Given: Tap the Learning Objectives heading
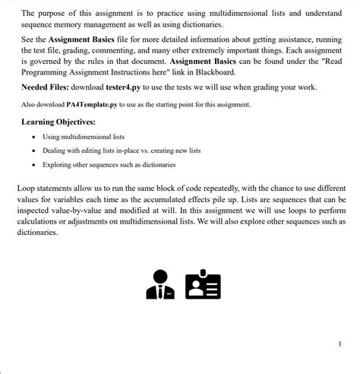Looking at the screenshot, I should coord(58,121).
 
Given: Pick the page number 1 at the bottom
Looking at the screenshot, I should coord(339,344).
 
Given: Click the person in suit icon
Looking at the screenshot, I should coord(160,284).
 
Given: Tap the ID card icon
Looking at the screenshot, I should coord(203,284).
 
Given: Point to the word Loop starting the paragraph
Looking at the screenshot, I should coord(28,187).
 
